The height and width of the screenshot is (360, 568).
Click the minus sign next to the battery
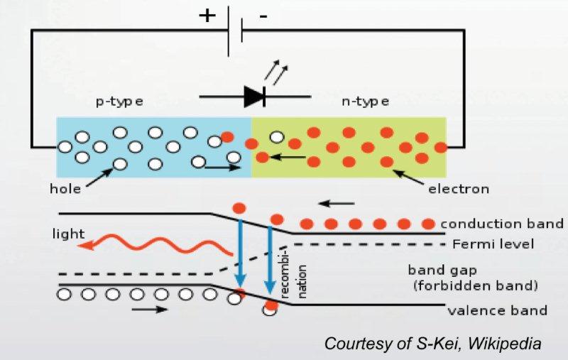(x=263, y=18)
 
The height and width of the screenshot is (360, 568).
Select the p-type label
(x=119, y=101)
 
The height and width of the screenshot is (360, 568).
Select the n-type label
(x=365, y=101)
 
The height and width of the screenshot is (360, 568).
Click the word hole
(x=65, y=189)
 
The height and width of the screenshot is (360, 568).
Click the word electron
(x=459, y=189)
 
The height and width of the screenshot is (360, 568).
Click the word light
(x=68, y=234)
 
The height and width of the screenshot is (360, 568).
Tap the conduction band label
(x=501, y=224)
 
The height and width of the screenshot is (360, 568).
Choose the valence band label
(x=497, y=310)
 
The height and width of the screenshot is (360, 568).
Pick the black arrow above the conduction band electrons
(x=337, y=204)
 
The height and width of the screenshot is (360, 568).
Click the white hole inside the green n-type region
(x=277, y=137)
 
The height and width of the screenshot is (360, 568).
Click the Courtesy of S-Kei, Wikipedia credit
(x=432, y=344)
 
